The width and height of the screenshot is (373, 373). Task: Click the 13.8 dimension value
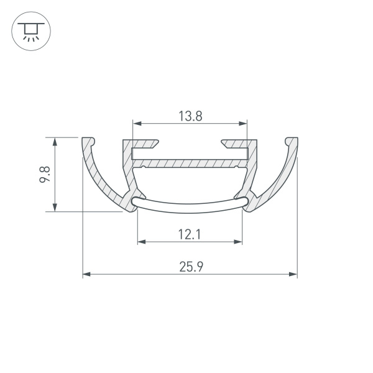(x=190, y=115)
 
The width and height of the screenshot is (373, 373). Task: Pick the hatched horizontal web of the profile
(x=190, y=162)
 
